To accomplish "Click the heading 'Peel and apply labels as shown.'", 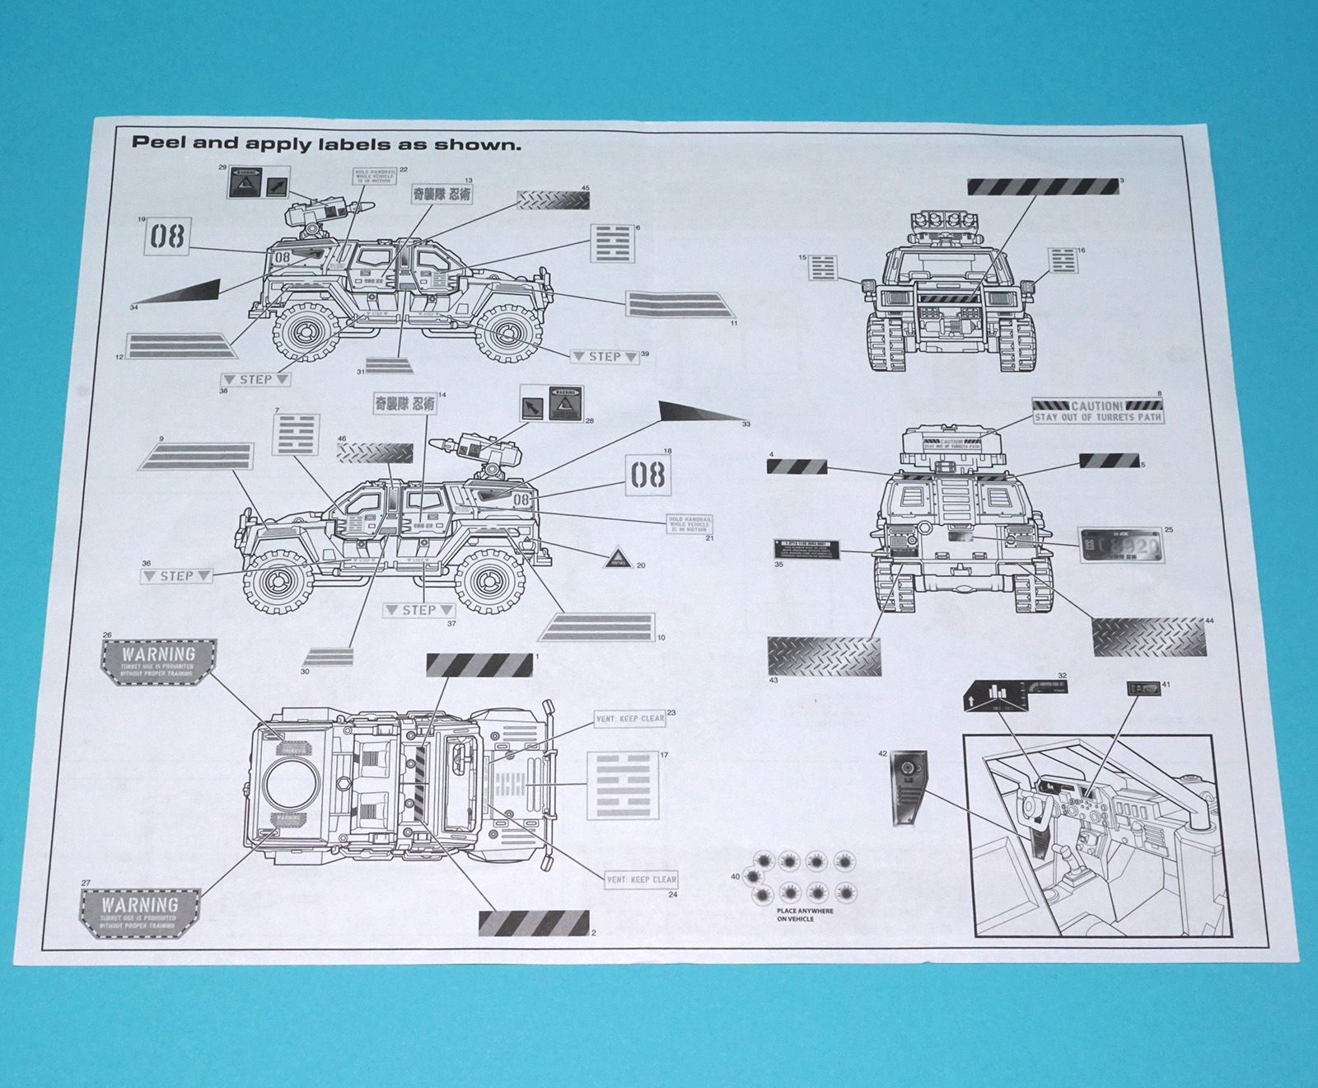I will click(327, 143).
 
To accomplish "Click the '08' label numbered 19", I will click(167, 237).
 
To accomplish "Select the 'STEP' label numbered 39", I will click(605, 357).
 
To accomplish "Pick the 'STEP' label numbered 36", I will click(176, 575).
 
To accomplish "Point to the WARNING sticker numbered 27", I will click(140, 911).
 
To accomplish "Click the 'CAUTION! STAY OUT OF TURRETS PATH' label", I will click(1097, 410).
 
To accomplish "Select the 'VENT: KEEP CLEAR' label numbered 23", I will click(630, 719).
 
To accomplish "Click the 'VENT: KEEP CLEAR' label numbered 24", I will click(641, 879).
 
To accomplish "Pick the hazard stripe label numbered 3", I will click(1043, 186).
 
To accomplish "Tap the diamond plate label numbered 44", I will click(1148, 635).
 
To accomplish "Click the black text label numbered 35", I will click(806, 550).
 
